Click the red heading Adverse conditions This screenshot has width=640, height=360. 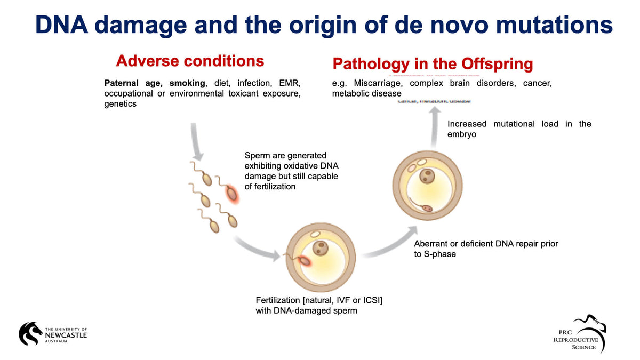190,61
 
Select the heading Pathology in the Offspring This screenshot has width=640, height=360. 433,65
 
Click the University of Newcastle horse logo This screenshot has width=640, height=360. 31,333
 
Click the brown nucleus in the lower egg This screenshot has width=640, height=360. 320,247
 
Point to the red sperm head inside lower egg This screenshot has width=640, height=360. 305,261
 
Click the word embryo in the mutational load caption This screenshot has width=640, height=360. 461,134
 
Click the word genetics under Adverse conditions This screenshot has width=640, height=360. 120,104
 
